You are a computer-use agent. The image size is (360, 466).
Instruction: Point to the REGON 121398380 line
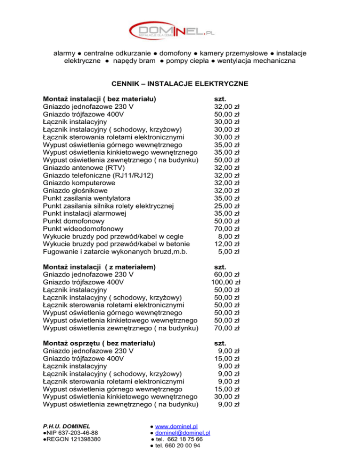(70, 439)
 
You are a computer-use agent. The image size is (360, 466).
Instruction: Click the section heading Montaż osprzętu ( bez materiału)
(99, 343)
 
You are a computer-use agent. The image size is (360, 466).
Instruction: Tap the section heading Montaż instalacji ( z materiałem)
(99, 266)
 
